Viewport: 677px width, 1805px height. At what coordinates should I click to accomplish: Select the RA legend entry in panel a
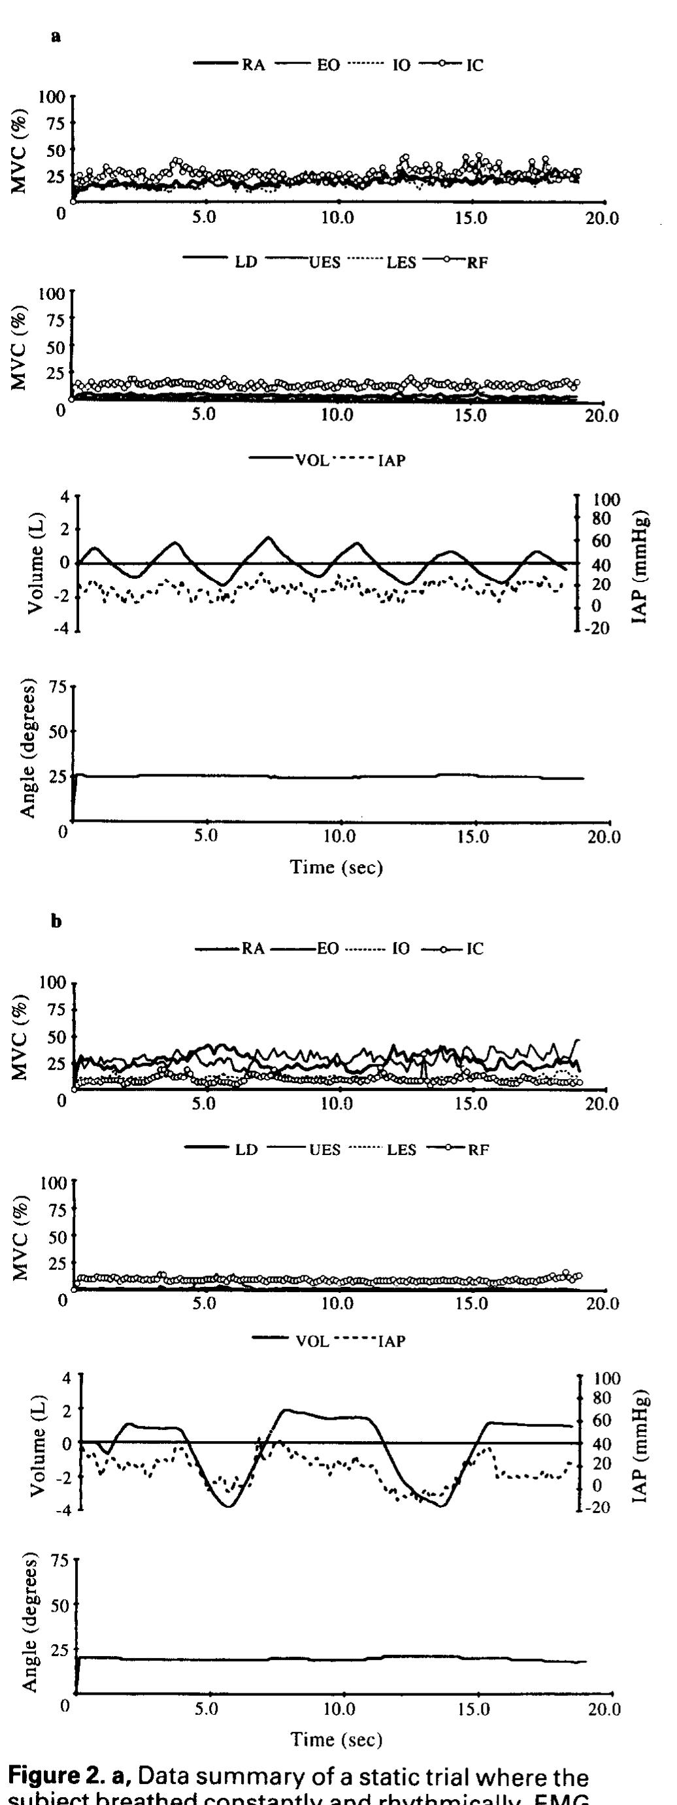253,66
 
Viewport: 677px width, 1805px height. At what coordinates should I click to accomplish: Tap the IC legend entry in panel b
474,949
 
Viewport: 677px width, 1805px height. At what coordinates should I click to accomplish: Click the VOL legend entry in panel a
316,461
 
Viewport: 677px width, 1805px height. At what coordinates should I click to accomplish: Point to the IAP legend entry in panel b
391,1341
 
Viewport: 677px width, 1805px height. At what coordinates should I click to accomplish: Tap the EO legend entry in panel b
328,949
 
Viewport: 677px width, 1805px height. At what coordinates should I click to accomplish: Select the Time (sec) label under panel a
337,868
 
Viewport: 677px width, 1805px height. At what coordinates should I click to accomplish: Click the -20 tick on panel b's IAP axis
601,1508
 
